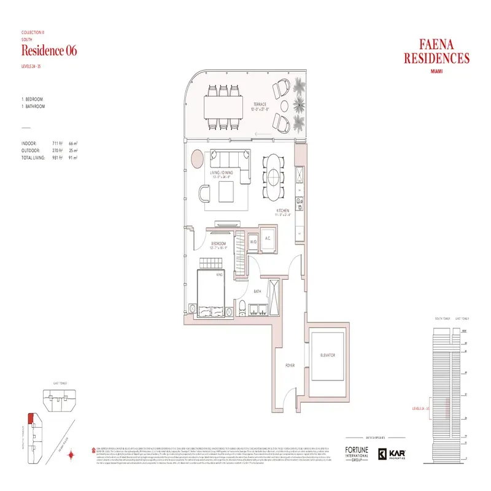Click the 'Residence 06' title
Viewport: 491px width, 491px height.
(49, 50)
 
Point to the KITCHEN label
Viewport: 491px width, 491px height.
(282, 212)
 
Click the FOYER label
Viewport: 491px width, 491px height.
(290, 366)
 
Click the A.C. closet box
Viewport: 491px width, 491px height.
(268, 239)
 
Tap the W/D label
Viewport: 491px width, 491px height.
(253, 243)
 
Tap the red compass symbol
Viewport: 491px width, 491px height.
(72, 455)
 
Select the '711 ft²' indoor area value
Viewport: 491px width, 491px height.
(58, 142)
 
